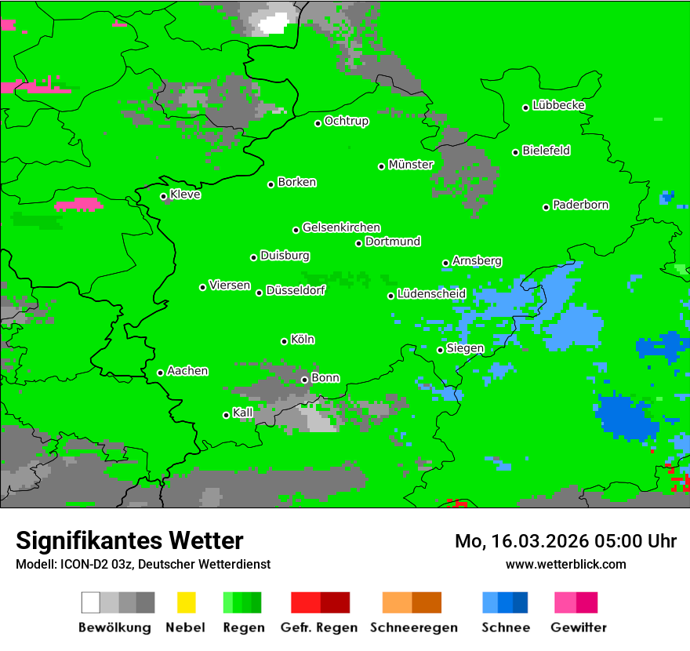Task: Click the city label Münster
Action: (411, 165)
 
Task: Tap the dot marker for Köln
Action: (285, 341)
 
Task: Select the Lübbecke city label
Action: (558, 105)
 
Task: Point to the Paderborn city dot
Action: (547, 207)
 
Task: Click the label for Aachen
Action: (187, 371)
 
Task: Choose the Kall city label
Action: (243, 413)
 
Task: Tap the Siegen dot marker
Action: (441, 350)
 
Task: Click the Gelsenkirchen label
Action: (341, 227)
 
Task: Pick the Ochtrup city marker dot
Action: (318, 123)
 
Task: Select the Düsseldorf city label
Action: (296, 290)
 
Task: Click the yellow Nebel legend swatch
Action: (186, 602)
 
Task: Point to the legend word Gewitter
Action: (579, 627)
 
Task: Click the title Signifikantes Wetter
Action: (129, 540)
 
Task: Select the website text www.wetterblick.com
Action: (565, 564)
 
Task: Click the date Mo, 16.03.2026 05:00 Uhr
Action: (565, 541)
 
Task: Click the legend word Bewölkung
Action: (114, 627)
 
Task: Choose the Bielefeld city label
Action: (546, 151)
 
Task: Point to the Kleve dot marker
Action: (164, 196)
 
